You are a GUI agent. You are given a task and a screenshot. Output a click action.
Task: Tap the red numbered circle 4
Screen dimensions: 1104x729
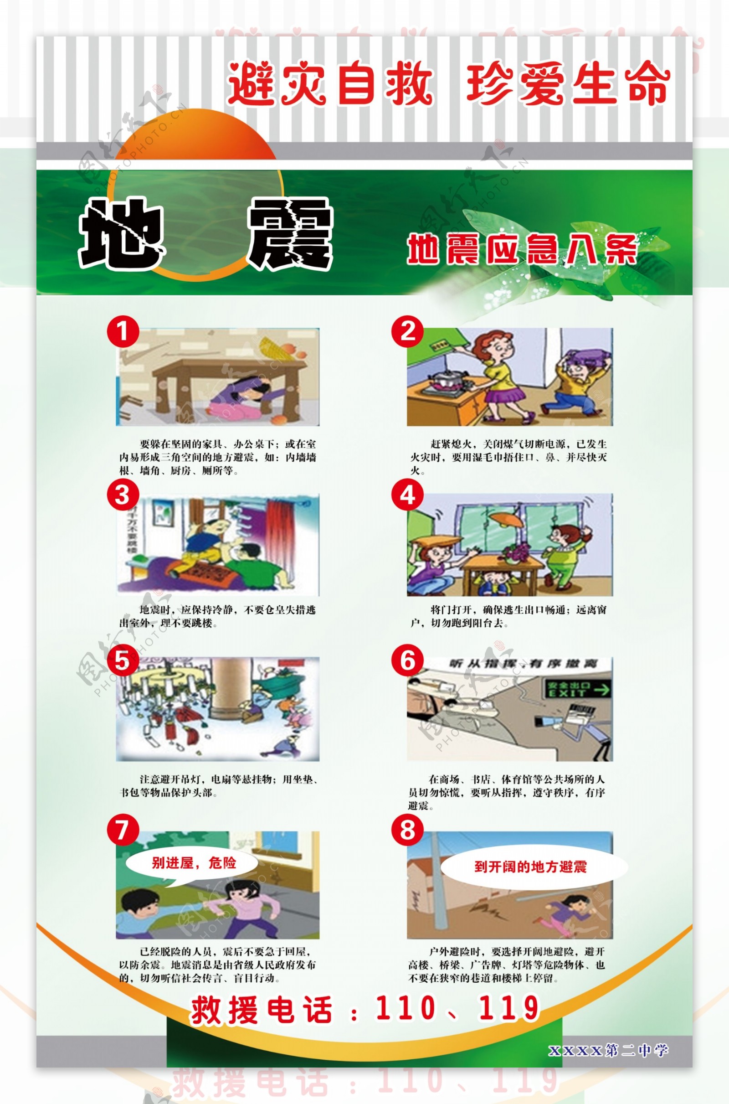point(407,496)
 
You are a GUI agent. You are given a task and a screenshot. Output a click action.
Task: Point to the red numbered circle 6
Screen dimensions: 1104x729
point(407,660)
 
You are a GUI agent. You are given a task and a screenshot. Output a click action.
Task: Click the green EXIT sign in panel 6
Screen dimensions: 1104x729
point(577,690)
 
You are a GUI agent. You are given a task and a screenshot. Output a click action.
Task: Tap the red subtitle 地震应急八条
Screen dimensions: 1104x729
point(522,250)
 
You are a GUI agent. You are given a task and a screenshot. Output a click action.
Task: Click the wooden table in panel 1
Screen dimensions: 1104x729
point(228,372)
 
